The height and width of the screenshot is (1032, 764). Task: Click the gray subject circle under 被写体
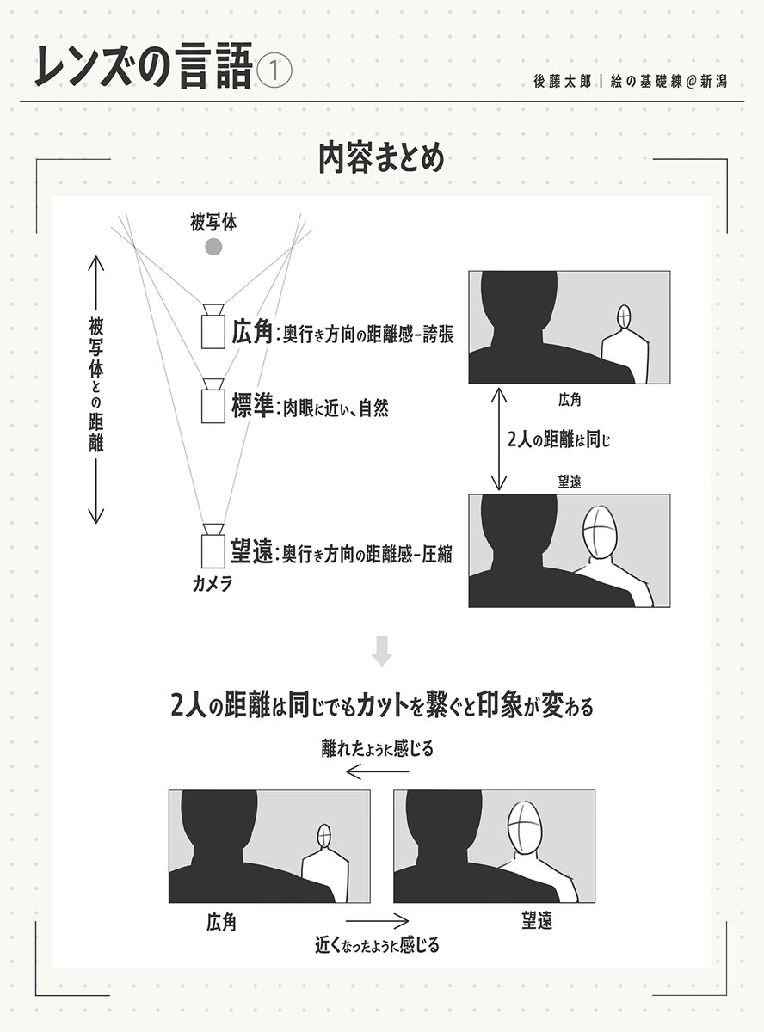tap(213, 248)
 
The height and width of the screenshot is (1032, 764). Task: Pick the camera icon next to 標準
tap(213, 402)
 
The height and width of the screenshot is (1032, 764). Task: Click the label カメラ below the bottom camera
tap(212, 584)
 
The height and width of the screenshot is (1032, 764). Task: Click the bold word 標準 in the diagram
tap(251, 407)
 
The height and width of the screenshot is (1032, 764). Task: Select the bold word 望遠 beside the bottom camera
tap(251, 550)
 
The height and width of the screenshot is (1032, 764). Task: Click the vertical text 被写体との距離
tap(95, 387)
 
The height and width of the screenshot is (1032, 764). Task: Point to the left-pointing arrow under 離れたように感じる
tap(376, 772)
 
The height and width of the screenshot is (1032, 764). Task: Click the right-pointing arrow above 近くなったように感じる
tap(376, 919)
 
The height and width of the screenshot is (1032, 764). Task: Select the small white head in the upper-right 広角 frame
tap(625, 318)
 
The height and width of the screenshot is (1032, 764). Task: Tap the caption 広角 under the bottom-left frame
tap(221, 924)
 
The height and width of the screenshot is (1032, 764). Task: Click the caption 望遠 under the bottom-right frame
tap(537, 921)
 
